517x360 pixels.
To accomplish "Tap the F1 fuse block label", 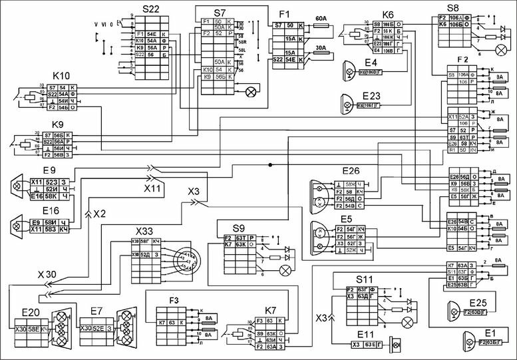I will coord(285,13).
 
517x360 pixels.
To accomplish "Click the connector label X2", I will coord(100,214).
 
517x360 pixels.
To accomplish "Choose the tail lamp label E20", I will coord(31,311).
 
